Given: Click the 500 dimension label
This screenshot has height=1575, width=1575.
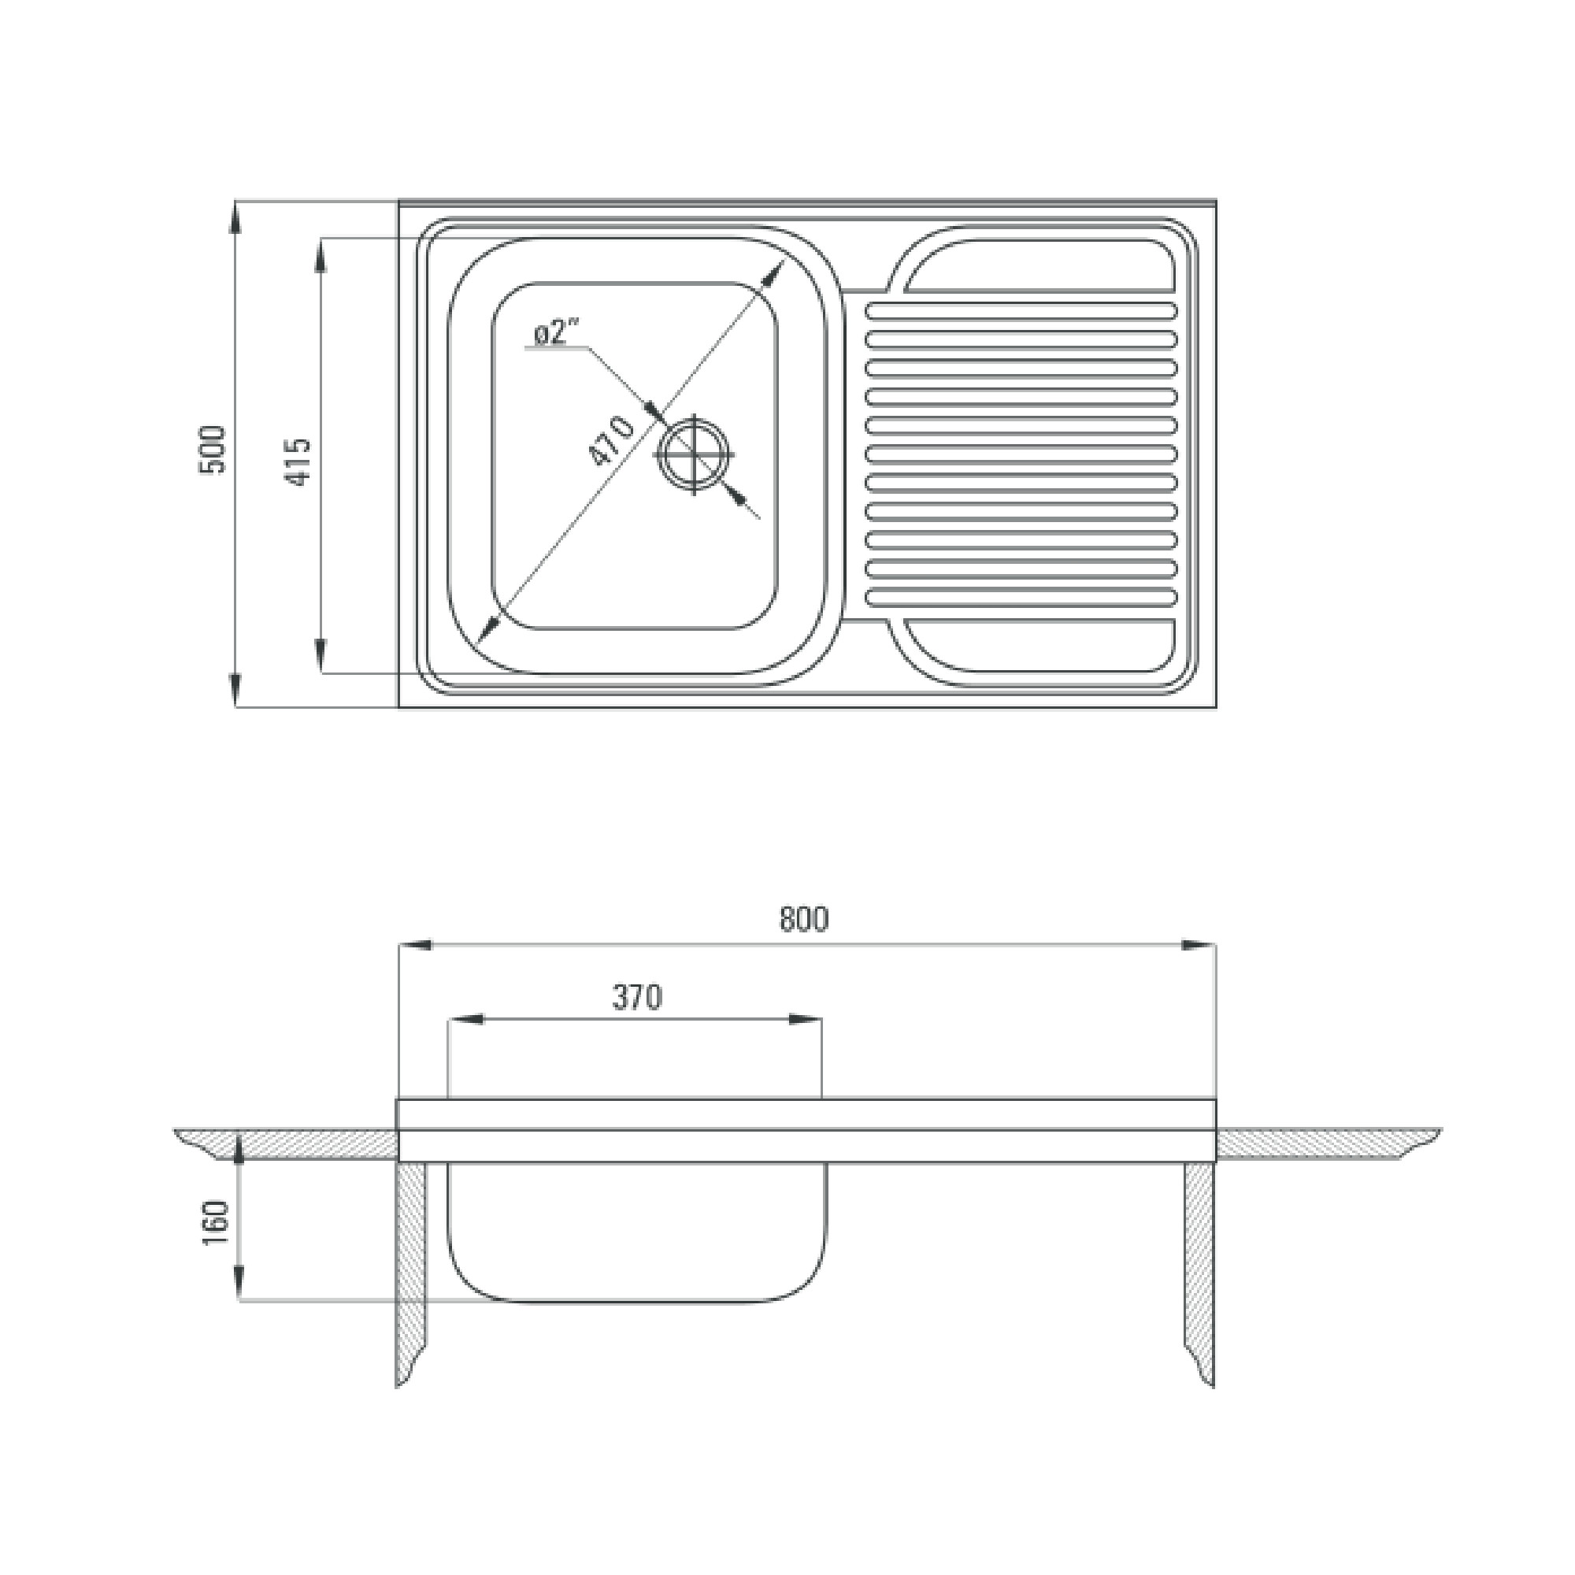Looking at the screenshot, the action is [x=211, y=449].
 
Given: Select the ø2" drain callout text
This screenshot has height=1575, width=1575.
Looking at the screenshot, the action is [x=556, y=332].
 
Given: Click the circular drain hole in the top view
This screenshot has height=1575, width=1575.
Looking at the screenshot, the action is [x=694, y=455].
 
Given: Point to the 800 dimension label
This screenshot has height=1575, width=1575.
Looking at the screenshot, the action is [x=804, y=919].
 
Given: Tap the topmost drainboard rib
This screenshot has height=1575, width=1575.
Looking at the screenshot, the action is [x=1021, y=309].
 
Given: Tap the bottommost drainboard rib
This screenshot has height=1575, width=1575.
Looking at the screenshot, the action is [x=1021, y=598].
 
